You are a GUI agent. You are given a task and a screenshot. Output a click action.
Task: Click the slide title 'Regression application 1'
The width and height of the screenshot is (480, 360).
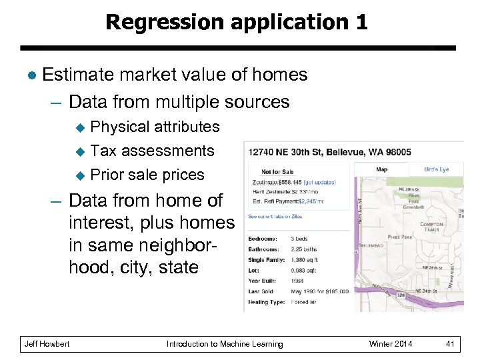point(237,22)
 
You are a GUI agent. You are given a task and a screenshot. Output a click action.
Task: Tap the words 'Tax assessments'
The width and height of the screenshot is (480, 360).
point(152,151)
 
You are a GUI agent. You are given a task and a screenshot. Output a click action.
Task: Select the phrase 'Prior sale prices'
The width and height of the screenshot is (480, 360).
point(147,175)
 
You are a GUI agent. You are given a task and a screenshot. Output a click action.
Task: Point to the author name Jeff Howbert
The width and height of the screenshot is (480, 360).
point(47,344)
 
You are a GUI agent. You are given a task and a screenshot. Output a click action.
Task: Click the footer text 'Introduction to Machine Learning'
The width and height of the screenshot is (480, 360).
point(225,344)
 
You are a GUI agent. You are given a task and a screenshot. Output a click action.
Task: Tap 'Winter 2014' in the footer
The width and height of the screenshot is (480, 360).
point(391,344)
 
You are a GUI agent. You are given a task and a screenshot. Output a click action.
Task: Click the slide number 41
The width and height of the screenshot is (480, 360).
point(450,344)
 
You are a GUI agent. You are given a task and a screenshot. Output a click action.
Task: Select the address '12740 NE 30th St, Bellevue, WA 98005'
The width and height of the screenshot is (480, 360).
point(329,152)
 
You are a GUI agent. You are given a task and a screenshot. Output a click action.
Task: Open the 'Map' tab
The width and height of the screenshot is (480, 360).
point(381,169)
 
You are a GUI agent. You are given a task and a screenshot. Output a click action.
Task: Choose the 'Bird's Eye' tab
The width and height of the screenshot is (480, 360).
point(436,169)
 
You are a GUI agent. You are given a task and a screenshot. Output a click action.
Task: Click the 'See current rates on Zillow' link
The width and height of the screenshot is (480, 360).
point(275,217)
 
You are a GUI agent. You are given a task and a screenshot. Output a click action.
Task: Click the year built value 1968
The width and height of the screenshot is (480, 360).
point(297,281)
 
